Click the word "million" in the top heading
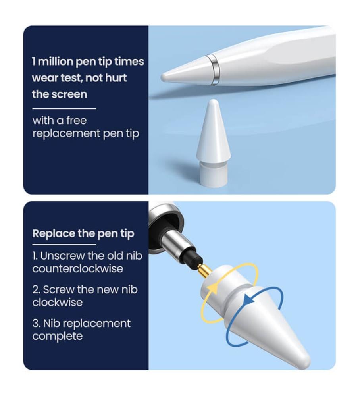[x=55, y=61]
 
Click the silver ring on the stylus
[x=214, y=69]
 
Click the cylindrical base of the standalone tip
[x=213, y=175]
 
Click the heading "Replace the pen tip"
[x=83, y=233]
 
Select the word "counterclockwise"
[x=78, y=268]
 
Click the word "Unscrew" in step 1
[x=63, y=256]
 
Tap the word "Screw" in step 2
[x=59, y=289]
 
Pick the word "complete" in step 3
[x=58, y=337]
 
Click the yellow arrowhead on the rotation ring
[x=213, y=288]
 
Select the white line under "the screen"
[x=64, y=109]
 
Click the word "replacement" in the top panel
[x=66, y=133]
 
